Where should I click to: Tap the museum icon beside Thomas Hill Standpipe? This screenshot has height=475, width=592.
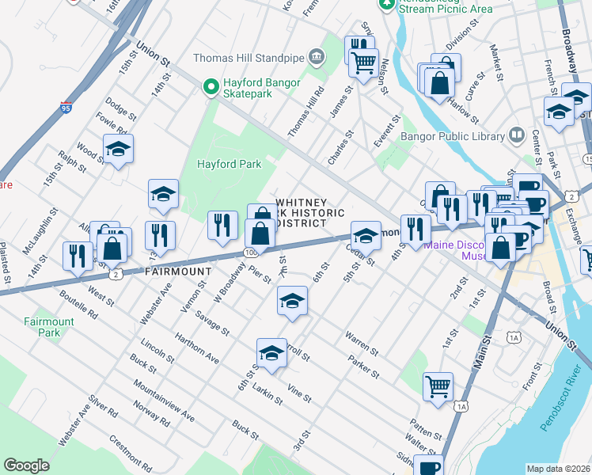[x=317, y=56]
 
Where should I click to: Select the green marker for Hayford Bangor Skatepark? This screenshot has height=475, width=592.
[x=211, y=86]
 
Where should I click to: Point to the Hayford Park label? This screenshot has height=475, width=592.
[x=229, y=164]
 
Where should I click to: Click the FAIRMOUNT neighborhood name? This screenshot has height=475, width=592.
[x=178, y=272]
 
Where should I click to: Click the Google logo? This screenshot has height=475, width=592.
[x=26, y=465]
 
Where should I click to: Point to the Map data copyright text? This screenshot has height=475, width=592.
[x=558, y=469]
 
